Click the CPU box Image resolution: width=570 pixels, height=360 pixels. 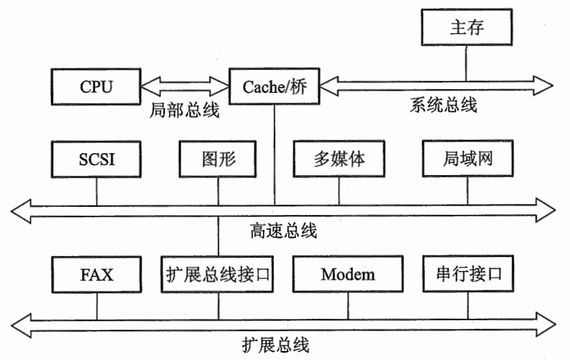[96, 87]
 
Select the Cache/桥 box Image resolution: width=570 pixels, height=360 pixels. [274, 87]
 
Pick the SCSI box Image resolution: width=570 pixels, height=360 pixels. [96, 159]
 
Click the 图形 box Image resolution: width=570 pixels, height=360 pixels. [218, 159]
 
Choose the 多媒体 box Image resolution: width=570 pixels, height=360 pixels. [339, 159]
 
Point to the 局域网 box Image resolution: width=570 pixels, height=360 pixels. [467, 159]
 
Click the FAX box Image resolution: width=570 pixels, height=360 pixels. [96, 275]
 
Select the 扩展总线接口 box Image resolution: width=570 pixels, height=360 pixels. [218, 275]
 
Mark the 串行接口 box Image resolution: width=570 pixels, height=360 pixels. [467, 275]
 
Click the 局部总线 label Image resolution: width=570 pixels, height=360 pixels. [185, 113]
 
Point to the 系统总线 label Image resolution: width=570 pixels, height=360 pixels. [442, 105]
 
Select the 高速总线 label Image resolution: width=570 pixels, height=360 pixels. [284, 231]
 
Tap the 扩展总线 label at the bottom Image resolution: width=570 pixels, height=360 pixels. [275, 344]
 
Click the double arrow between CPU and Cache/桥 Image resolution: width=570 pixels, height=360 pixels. [185, 87]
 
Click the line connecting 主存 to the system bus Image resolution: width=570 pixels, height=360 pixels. [467, 63]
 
